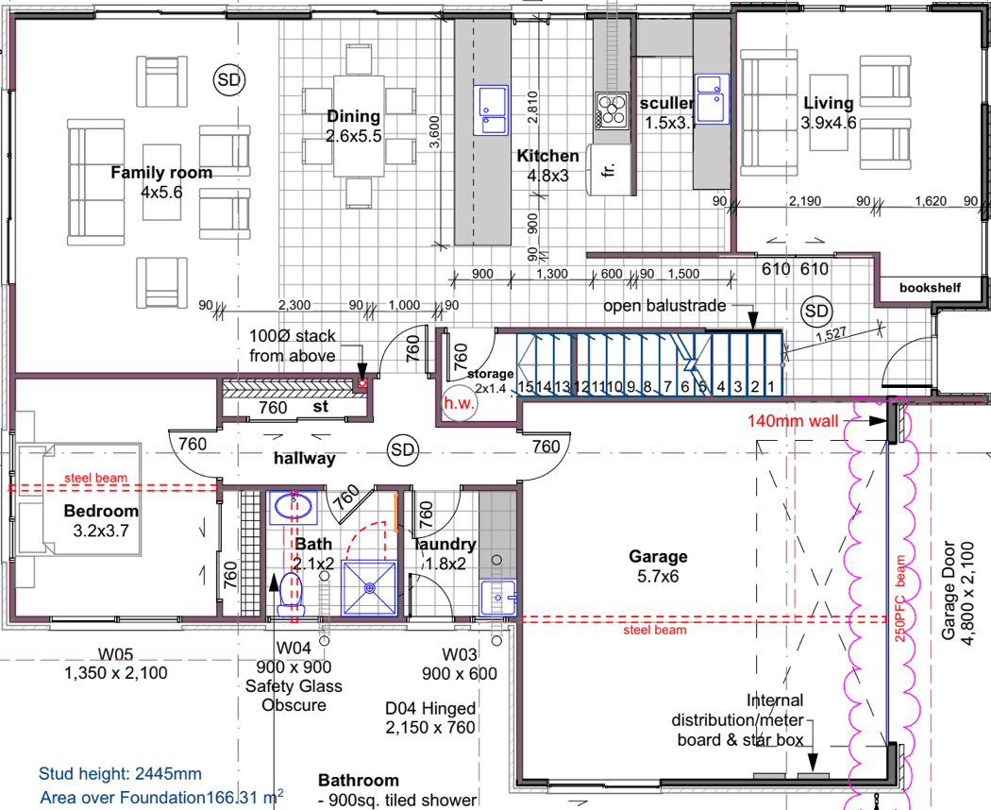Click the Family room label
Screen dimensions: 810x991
(161, 173)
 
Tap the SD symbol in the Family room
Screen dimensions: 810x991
(227, 80)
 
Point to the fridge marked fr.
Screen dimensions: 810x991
(606, 170)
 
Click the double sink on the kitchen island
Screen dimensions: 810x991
(491, 107)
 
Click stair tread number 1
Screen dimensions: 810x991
(770, 386)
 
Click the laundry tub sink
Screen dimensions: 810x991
(496, 597)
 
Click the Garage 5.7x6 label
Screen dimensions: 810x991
(660, 565)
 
